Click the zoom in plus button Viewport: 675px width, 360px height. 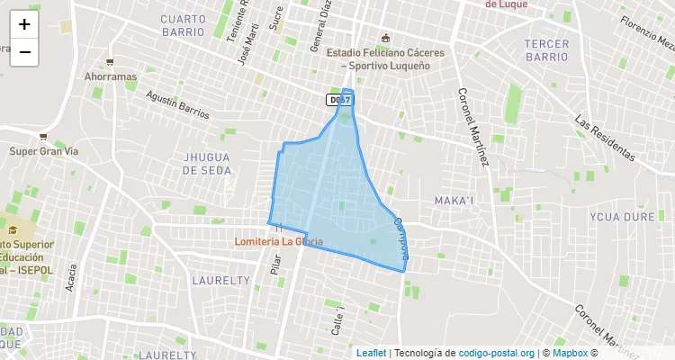click(24, 24)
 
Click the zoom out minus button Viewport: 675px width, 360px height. click(24, 52)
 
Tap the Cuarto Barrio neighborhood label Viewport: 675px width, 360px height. click(184, 24)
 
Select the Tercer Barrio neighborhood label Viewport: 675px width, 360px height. click(547, 49)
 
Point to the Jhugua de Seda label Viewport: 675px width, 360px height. click(207, 163)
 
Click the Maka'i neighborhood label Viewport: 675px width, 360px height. click(454, 200)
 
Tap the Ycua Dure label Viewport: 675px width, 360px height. click(622, 217)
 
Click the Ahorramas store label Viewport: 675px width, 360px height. click(110, 76)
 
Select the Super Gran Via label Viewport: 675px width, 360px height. click(44, 151)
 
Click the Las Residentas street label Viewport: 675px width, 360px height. click(605, 139)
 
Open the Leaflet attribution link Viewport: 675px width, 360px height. click(371, 353)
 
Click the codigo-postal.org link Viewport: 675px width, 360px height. click(497, 353)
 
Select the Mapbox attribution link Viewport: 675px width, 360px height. click(570, 353)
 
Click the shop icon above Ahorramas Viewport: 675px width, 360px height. click(110, 62)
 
